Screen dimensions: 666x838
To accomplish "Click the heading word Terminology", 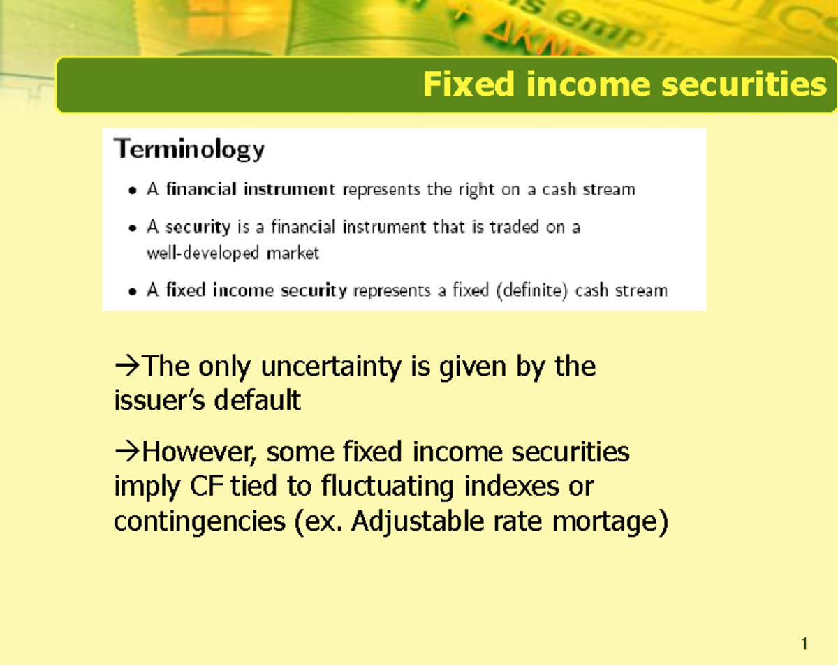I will coord(189,150).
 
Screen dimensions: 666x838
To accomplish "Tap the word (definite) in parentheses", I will coord(532,290).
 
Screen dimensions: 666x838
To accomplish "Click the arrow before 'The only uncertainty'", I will coord(126,366).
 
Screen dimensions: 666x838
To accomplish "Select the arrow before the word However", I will coord(126,452).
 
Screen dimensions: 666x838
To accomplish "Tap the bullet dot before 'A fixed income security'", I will coord(133,292).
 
